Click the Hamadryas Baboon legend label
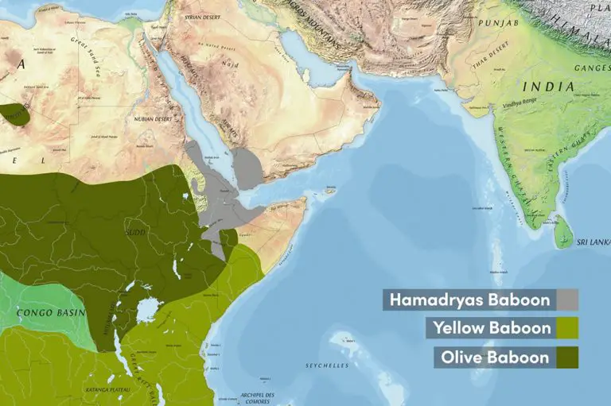469,300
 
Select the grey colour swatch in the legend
567,300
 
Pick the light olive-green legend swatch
567,328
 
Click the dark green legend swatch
567,357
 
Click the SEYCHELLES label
328,365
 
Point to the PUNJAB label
499,24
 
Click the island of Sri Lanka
563,232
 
